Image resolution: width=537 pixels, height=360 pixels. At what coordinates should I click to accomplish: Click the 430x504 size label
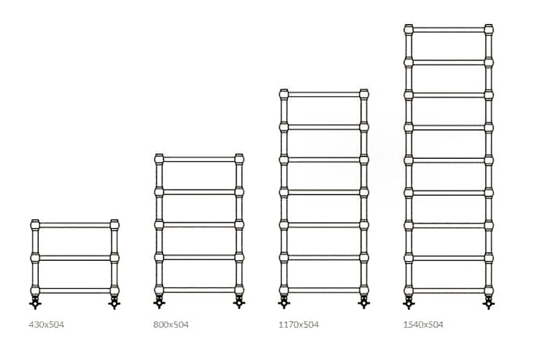(46, 325)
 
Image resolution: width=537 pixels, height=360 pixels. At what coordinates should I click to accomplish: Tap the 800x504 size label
(171, 325)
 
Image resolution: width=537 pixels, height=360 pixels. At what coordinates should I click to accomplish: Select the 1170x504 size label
(298, 325)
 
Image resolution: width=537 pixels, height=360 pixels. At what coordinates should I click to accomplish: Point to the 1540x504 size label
(423, 325)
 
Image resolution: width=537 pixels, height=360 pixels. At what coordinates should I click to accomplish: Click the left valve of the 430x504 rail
(35, 303)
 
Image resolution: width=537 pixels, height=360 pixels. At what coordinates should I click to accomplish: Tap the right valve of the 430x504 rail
(114, 303)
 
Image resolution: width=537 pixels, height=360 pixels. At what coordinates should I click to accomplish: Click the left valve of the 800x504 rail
(159, 303)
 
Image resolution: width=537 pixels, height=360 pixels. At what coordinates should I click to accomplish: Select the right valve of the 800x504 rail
(239, 303)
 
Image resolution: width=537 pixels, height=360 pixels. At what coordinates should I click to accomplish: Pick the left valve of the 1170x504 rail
(284, 303)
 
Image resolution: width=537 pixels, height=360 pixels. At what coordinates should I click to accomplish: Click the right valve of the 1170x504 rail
(364, 303)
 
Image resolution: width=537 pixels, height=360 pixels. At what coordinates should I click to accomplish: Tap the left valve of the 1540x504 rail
(409, 303)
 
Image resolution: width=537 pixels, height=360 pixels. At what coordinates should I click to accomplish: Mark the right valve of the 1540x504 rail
(489, 303)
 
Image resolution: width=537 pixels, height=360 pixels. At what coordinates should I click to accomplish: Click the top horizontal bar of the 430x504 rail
(75, 225)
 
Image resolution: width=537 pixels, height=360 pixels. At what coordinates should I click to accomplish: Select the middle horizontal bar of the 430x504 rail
(75, 258)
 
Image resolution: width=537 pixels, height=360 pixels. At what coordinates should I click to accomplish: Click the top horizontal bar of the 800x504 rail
(199, 159)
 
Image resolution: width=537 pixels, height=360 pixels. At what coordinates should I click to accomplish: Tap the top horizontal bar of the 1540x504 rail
(448, 30)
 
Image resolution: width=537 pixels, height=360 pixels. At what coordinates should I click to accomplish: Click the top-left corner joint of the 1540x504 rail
(409, 29)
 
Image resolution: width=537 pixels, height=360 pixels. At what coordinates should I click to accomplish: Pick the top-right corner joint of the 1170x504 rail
(364, 94)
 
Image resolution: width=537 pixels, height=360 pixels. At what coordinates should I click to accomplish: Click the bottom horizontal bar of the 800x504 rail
(199, 290)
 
